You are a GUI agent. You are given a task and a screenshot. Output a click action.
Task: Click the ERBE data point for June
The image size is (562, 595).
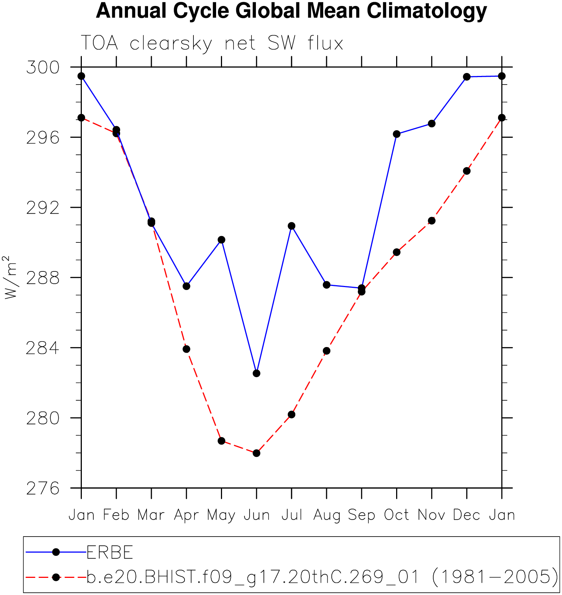point(256,373)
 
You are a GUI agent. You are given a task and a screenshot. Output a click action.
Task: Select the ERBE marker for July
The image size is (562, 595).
point(292,226)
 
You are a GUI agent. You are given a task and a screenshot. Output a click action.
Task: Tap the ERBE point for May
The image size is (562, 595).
point(221,239)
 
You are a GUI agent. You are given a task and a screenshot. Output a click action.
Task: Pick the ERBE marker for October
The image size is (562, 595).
point(396,134)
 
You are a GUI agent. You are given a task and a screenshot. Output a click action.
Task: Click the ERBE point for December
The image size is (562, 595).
point(467,77)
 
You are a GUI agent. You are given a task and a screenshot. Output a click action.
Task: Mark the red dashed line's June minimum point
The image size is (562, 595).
point(256,453)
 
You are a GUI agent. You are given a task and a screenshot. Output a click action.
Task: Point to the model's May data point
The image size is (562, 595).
point(221,441)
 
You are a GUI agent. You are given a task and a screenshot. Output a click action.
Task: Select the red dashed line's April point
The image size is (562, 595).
point(186,349)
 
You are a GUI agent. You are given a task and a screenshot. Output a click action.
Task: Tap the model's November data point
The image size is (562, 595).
point(431,221)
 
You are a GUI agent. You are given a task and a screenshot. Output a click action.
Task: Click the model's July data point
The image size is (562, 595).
point(292,414)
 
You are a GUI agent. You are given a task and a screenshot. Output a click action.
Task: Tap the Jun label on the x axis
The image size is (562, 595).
point(257,515)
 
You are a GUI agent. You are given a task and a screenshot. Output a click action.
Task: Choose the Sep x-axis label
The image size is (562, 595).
point(362,515)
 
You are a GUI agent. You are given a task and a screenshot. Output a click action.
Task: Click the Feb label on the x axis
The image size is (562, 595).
point(116,515)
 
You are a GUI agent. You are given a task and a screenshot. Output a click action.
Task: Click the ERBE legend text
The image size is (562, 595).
point(110,553)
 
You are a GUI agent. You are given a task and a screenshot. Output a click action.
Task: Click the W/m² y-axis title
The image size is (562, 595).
point(10,277)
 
